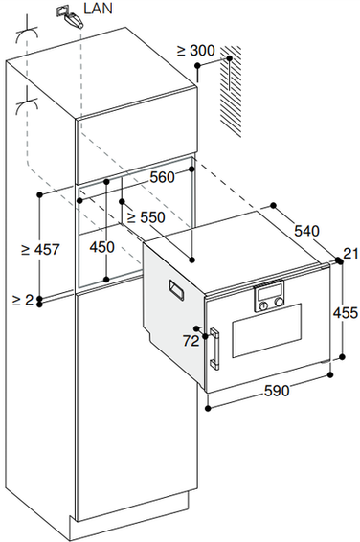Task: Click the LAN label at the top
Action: [x=98, y=8]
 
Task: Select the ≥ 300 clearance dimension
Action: [x=196, y=51]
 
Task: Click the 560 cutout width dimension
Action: [x=162, y=177]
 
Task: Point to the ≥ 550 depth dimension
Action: [x=146, y=217]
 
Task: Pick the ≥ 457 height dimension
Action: [x=40, y=249]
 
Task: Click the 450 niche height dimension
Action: [x=101, y=247]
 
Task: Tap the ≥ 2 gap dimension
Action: [x=23, y=300]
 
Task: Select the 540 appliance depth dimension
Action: [x=306, y=231]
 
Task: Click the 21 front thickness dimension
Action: [x=351, y=254]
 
